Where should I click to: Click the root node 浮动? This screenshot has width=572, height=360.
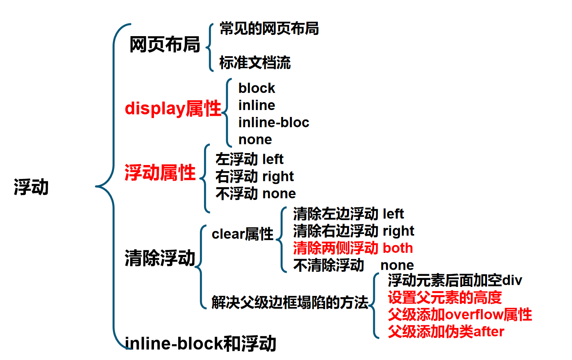(x=31, y=187)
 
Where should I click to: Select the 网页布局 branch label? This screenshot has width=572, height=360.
(x=165, y=45)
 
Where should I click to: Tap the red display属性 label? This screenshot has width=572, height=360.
(x=173, y=109)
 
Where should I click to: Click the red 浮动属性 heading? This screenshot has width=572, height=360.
(x=160, y=173)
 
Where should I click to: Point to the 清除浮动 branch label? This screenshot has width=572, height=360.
(x=160, y=258)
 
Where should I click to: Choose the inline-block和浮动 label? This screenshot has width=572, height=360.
(x=200, y=344)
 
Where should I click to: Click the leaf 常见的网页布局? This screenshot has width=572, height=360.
(x=269, y=29)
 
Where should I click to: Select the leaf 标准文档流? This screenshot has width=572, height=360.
(x=255, y=63)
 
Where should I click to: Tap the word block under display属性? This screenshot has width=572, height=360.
(x=257, y=88)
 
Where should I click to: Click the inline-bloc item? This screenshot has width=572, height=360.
(x=273, y=122)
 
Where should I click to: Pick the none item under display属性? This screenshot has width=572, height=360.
(x=255, y=140)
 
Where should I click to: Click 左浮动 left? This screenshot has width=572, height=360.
(x=249, y=159)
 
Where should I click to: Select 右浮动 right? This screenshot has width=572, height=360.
(x=255, y=176)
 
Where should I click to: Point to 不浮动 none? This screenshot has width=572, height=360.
(x=255, y=193)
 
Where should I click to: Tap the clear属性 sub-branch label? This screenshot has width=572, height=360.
(x=242, y=234)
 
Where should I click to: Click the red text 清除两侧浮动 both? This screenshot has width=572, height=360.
(x=353, y=248)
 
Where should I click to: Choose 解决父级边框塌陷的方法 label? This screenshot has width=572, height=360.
(x=289, y=303)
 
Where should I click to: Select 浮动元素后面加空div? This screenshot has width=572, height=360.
(x=455, y=280)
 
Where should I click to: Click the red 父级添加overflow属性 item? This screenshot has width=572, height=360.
(x=460, y=314)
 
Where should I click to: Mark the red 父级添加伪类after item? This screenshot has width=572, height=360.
(x=446, y=331)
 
